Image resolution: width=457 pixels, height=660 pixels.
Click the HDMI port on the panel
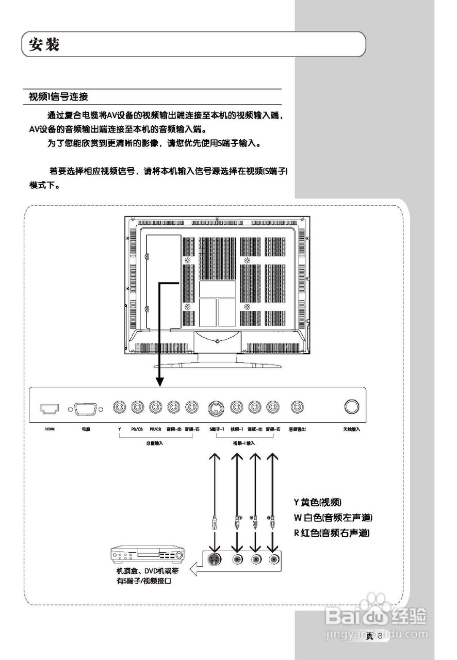click(50, 408)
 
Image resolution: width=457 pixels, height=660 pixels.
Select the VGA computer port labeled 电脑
click(86, 408)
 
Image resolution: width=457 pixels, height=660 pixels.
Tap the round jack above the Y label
click(120, 407)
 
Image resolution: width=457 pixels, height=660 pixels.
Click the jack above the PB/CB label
click(137, 407)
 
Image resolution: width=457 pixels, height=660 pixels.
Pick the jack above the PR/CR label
click(155, 407)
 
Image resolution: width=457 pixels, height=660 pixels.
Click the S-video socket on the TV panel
click(216, 408)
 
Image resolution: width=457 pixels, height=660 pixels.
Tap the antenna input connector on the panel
click(352, 407)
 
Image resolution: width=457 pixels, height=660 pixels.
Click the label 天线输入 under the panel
click(352, 429)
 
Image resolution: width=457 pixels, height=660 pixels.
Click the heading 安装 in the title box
click(44, 45)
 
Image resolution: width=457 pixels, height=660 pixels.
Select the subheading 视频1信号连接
click(58, 97)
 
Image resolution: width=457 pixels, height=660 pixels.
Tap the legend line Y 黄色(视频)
click(318, 502)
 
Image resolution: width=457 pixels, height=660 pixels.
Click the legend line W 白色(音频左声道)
click(333, 517)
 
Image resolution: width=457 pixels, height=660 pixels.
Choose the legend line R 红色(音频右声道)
click(332, 533)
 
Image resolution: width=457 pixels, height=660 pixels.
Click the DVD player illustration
click(148, 556)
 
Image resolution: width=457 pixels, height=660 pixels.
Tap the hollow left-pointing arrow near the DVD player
click(197, 570)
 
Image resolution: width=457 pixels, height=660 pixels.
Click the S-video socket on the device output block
click(216, 559)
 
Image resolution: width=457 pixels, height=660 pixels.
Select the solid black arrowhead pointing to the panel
click(160, 381)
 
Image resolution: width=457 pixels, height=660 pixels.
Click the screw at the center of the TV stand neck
click(218, 341)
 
